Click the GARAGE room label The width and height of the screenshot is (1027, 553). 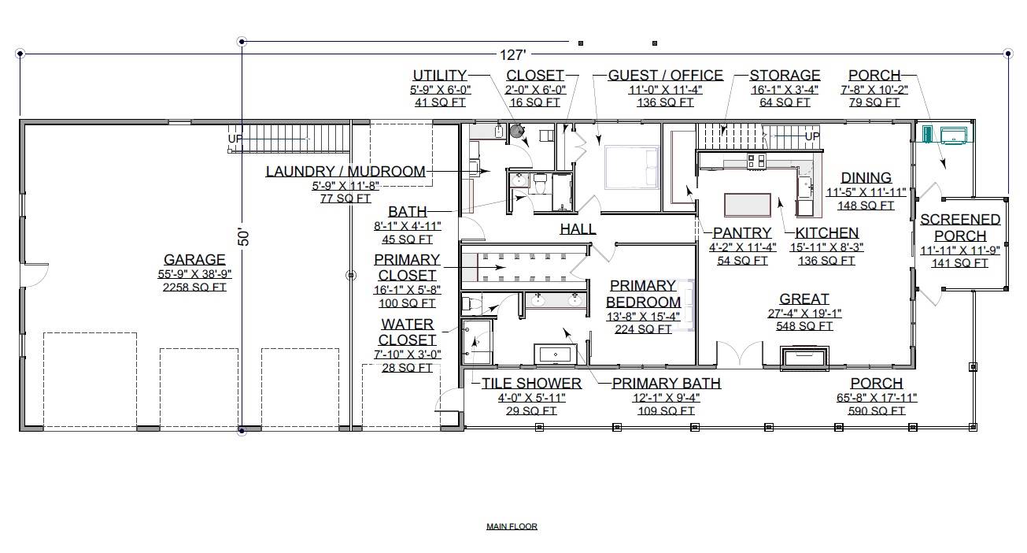[x=194, y=260]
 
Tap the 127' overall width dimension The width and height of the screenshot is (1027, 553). [x=512, y=55]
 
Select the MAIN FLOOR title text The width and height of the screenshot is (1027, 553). [x=512, y=527]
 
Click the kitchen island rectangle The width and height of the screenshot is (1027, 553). [x=748, y=205]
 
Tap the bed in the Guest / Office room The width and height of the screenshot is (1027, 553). [x=630, y=167]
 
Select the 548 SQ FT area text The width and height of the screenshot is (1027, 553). [x=803, y=326]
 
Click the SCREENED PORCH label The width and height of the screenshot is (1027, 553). [x=960, y=228]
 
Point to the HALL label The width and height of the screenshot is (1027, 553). [x=578, y=229]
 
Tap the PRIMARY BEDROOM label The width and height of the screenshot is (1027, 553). [x=643, y=294]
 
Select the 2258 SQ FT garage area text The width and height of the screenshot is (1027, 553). [x=194, y=288]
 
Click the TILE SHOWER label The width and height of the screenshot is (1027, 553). [x=531, y=384]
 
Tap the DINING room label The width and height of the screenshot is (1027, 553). [x=866, y=178]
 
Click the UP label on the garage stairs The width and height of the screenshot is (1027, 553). [x=235, y=139]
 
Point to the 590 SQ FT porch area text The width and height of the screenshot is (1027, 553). [x=877, y=411]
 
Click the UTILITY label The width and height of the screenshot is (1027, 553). [x=440, y=76]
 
